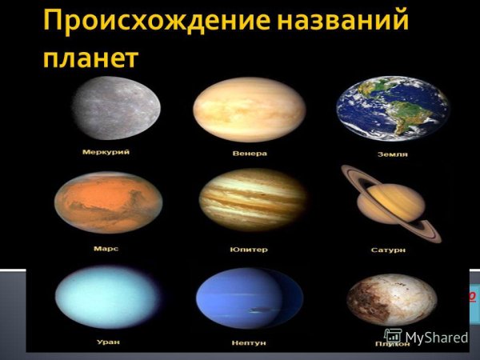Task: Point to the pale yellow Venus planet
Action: click(249, 110)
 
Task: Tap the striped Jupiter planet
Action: click(252, 200)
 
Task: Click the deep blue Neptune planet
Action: click(249, 299)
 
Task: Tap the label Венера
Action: click(251, 152)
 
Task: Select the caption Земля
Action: click(392, 154)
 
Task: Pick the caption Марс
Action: click(106, 249)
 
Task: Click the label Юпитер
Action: click(250, 250)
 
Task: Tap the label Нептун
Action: click(250, 342)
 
